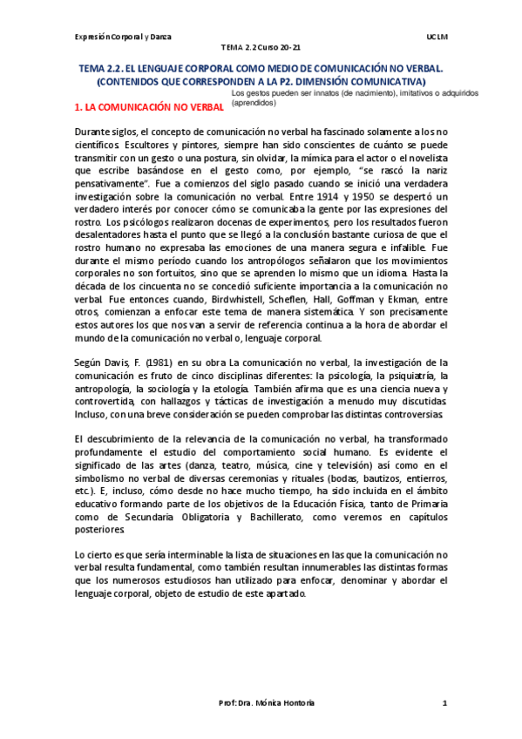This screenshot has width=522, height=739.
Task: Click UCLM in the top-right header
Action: (438, 37)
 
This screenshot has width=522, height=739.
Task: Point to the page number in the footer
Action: (444, 702)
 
